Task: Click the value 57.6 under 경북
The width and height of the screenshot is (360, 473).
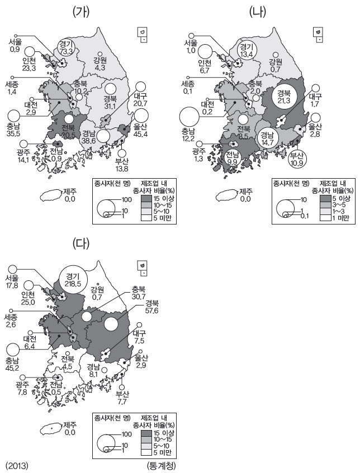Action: (x=153, y=310)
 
